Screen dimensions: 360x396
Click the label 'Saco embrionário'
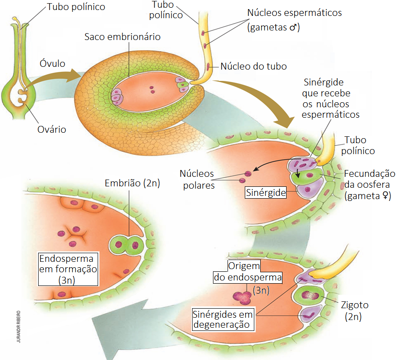coord(122,37)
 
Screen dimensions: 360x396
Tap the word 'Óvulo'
coord(52,62)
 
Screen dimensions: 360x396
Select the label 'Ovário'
coord(51,130)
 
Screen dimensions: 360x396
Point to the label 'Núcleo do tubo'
coord(253,66)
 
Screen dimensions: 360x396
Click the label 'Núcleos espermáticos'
coord(294,13)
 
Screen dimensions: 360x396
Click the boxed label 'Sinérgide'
coord(266,193)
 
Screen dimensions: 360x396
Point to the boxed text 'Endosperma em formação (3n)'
coord(68,269)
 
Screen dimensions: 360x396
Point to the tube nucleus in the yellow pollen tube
coord(209,66)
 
